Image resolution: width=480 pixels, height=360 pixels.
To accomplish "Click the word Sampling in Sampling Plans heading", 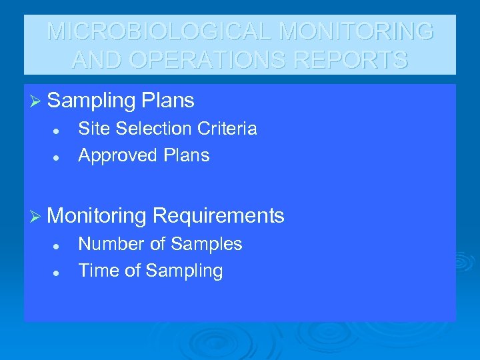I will pyautogui.click(x=91, y=101).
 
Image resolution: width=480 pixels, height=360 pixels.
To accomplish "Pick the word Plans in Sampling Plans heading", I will pyautogui.click(x=167, y=101).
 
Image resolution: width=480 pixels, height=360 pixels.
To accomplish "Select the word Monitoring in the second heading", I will pyautogui.click(x=97, y=216).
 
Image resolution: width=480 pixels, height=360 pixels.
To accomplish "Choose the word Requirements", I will pyautogui.click(x=218, y=216).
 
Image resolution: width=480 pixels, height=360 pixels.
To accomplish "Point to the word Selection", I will pyautogui.click(x=149, y=128).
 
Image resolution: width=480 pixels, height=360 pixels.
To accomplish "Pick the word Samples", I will pyautogui.click(x=206, y=244).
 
